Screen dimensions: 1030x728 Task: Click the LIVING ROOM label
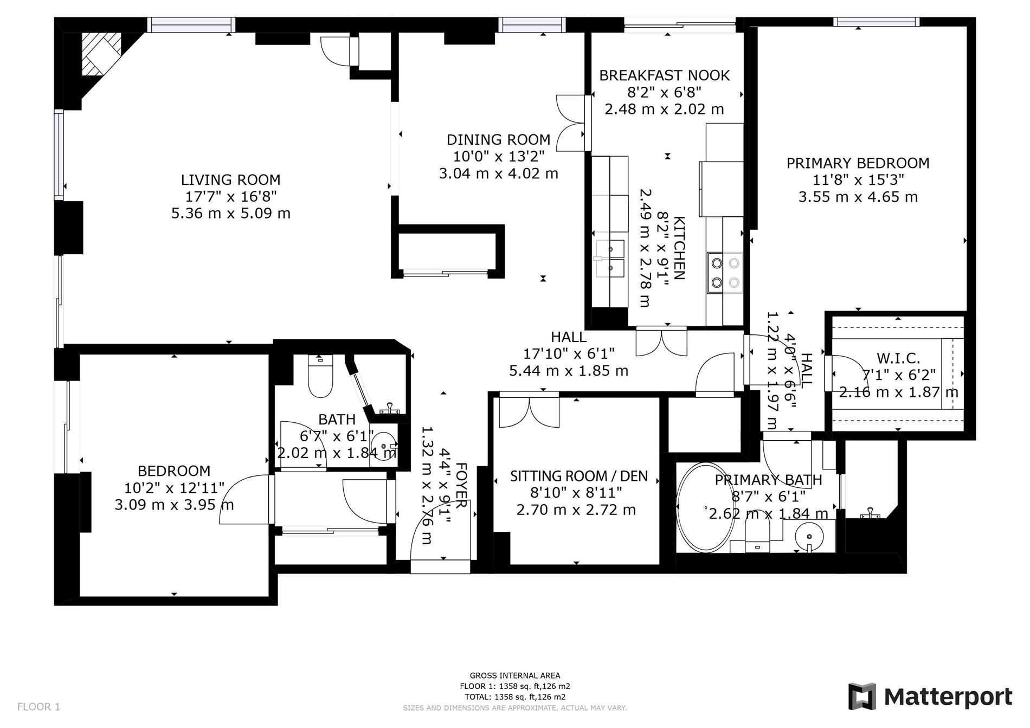(x=230, y=179)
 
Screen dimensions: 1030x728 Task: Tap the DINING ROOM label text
(x=498, y=140)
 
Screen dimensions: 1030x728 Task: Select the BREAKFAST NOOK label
(x=664, y=75)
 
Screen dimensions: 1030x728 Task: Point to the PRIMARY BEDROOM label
(x=858, y=163)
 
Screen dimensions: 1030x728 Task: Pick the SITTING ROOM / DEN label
(x=578, y=476)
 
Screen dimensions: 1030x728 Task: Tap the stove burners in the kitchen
(x=725, y=273)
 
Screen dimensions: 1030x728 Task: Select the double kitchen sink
(x=610, y=258)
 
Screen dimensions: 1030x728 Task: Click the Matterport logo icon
(x=862, y=697)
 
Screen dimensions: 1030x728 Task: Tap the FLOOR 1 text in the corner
(x=38, y=707)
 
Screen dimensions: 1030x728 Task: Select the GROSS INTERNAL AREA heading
(x=515, y=675)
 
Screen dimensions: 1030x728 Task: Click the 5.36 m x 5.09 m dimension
(x=231, y=213)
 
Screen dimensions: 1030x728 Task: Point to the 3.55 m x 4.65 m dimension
(x=858, y=197)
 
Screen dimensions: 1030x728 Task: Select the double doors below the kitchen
(x=661, y=342)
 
